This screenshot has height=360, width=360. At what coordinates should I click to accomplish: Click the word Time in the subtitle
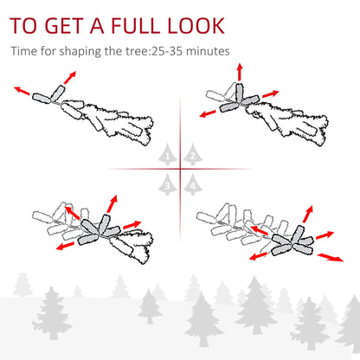[25, 51]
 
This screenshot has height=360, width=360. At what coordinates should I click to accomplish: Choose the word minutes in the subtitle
[208, 51]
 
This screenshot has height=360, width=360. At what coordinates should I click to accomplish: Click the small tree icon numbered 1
[167, 156]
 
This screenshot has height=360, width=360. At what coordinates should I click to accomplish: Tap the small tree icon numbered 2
[192, 156]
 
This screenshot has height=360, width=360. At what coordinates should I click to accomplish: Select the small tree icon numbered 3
[167, 183]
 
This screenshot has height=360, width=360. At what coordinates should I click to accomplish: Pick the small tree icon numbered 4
[192, 183]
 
